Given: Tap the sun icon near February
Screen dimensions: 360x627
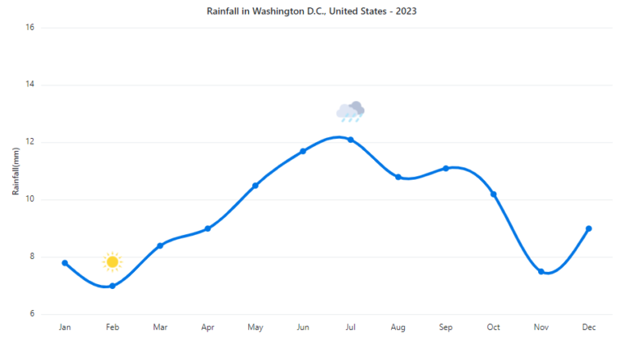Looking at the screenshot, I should point(113,261).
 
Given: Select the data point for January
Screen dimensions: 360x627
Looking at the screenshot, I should point(65,263).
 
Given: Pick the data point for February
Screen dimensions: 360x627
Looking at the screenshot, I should point(113,286).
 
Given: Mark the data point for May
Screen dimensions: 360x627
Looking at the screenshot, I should point(256,185).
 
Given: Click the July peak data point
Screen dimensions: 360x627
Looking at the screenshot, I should point(351,140).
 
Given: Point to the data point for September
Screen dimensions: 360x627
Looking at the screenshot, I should point(446,168).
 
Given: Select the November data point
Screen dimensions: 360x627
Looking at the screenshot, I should point(541,271).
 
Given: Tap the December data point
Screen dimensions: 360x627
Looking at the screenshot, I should point(589,229).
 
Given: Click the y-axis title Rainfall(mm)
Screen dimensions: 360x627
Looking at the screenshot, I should point(16,171).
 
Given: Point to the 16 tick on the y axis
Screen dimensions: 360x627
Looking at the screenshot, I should point(29,28).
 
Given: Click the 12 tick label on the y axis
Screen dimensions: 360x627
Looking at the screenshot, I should point(29,142).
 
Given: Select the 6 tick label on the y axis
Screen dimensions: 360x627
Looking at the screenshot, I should point(31,314).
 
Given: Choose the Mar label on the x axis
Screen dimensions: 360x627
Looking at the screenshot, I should point(160,327).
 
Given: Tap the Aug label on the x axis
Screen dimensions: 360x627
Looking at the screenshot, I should point(398,327).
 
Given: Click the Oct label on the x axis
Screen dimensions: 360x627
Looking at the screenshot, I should point(493,327).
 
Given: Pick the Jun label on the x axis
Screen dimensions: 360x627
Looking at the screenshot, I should point(303,327).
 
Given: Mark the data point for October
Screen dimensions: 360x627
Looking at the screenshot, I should point(494,194).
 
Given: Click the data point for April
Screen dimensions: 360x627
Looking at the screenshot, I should point(208,229).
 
